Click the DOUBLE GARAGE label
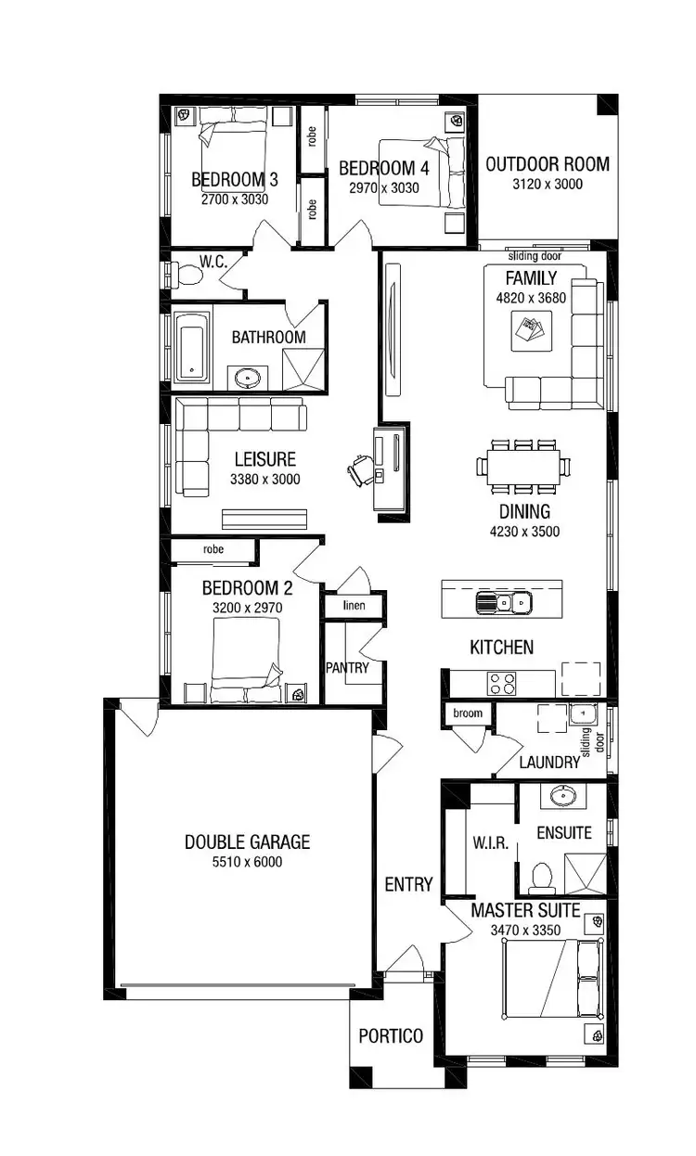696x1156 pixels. coord(247,842)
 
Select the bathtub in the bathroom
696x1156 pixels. coord(191,348)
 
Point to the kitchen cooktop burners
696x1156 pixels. coord(502,684)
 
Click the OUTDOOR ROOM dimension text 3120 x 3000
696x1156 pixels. coord(548,185)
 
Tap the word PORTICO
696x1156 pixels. coord(391,1036)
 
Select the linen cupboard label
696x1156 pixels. coord(353,606)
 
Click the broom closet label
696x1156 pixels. coord(468,713)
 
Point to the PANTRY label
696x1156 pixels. coord(347,667)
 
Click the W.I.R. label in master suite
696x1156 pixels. coord(488,843)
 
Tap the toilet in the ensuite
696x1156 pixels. coord(540,875)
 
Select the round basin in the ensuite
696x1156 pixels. coord(562,796)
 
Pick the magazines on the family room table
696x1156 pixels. coord(531,330)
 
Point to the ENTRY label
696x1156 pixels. coord(408,884)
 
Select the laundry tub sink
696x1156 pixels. coord(582,715)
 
